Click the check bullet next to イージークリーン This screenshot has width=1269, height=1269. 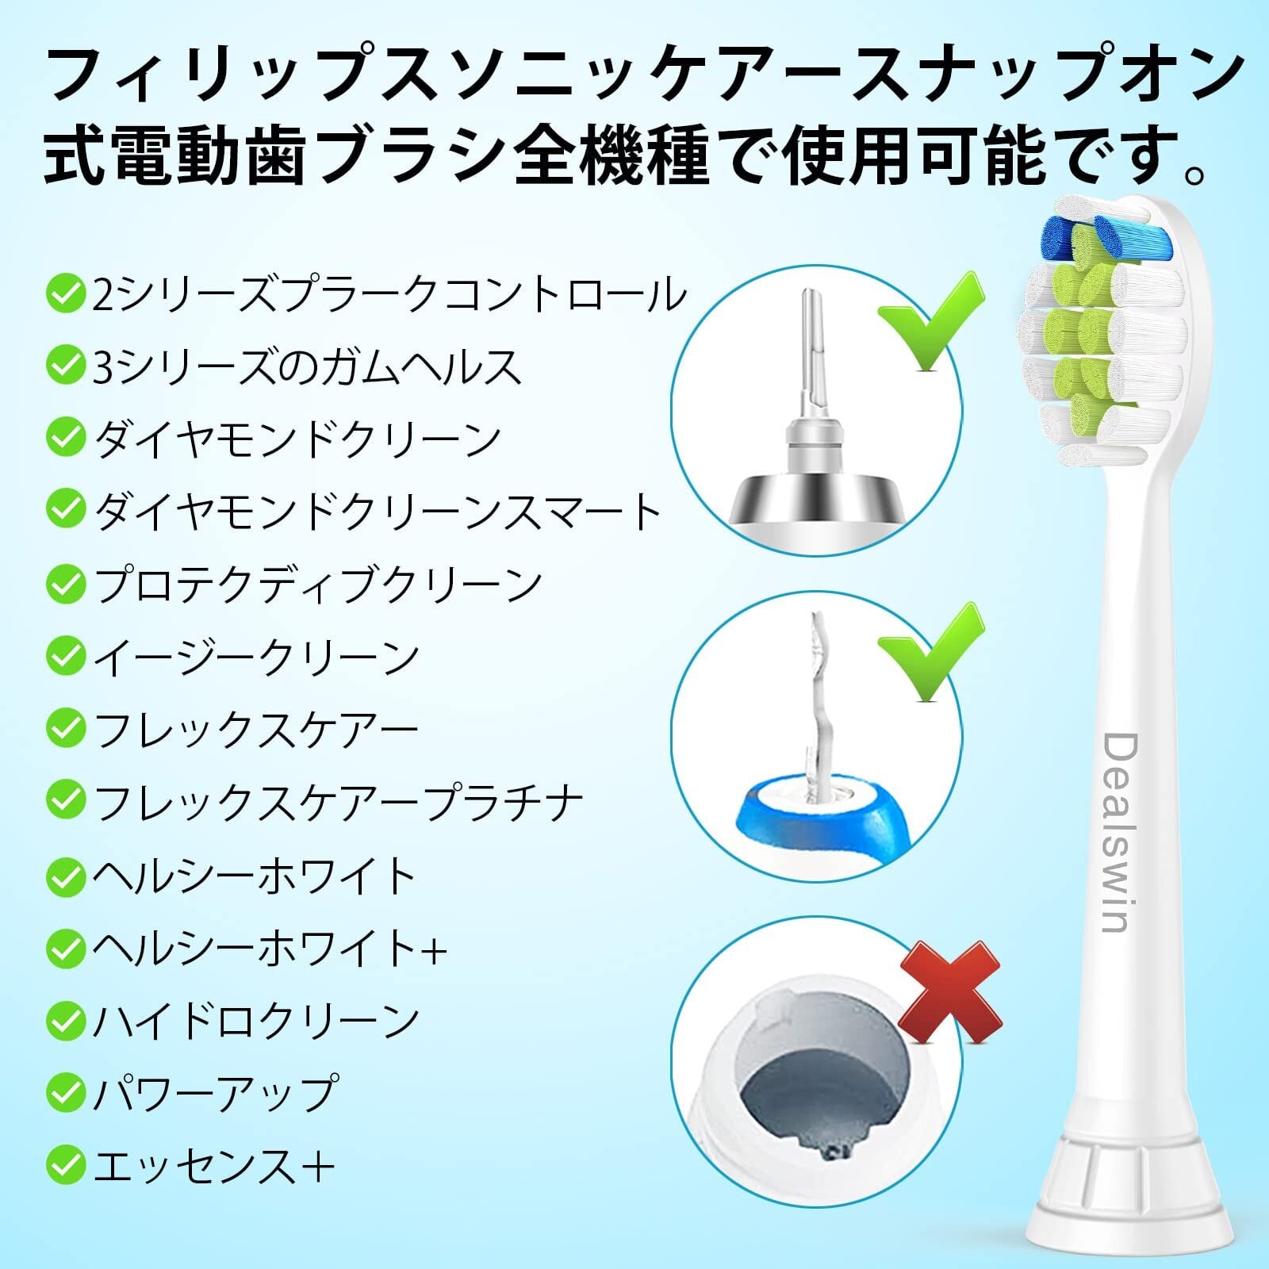[65, 656]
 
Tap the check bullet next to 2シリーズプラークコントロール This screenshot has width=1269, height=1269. [65, 294]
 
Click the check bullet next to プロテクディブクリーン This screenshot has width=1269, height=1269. [65, 585]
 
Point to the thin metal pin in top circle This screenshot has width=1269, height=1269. [811, 349]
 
